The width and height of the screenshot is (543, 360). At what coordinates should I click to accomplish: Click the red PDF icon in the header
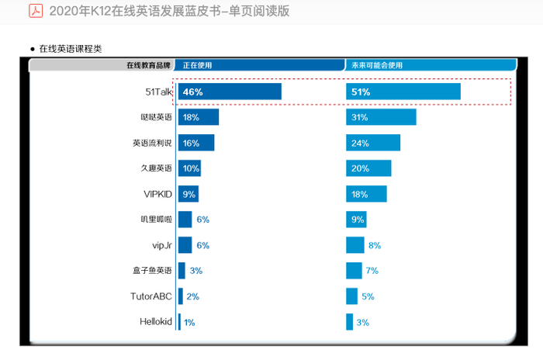36,11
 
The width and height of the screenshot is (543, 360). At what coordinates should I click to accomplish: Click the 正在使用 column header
197,66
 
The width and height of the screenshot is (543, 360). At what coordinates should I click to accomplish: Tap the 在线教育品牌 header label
149,66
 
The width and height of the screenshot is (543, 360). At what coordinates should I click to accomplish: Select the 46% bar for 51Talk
230,92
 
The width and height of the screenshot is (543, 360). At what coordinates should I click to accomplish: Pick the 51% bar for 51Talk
403,92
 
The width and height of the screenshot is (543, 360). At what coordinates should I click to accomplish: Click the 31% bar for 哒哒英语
381,117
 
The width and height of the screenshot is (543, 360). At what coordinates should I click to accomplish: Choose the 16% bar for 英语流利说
196,143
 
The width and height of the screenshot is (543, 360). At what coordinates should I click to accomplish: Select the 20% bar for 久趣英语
368,168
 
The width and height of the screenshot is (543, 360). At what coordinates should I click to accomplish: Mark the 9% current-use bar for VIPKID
188,194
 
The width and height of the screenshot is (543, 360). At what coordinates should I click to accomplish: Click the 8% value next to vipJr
374,245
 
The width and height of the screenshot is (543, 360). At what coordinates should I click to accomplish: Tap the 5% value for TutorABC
368,296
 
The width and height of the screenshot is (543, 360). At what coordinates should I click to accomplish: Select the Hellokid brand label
155,322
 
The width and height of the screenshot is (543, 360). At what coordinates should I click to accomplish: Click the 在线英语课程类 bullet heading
70,48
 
